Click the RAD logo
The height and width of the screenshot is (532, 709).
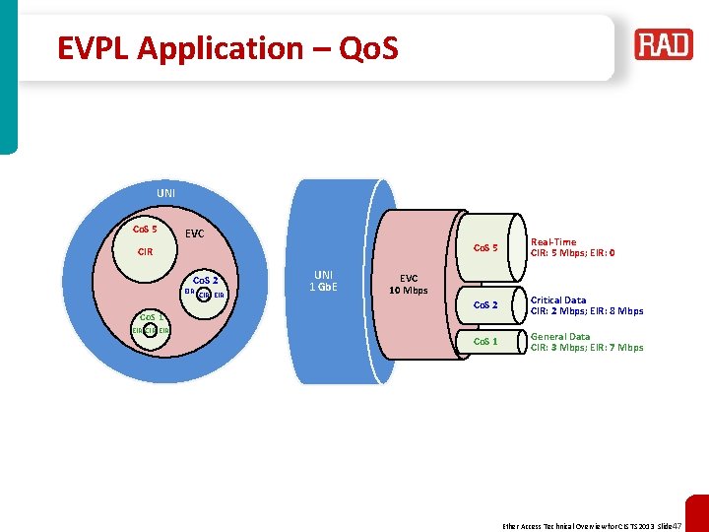[x=663, y=44]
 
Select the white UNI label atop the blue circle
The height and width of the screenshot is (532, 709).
[x=166, y=192]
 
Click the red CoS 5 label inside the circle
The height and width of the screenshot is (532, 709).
[x=145, y=230]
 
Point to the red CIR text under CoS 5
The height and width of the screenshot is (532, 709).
[x=145, y=252]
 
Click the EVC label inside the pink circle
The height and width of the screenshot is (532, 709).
[x=195, y=234]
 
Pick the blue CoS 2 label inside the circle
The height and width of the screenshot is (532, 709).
[x=211, y=279]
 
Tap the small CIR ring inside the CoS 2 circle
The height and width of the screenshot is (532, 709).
[x=204, y=294]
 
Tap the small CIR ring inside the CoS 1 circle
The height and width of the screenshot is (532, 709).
[x=151, y=331]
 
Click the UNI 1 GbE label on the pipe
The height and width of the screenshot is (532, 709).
[x=323, y=281]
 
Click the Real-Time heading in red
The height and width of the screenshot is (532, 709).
[x=553, y=241]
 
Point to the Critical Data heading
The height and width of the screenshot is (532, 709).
[x=558, y=300]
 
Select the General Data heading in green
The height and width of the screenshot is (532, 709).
[x=560, y=337]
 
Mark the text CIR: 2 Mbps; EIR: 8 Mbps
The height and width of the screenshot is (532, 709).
[x=587, y=311]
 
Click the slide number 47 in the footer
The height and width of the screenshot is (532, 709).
[x=676, y=525]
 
